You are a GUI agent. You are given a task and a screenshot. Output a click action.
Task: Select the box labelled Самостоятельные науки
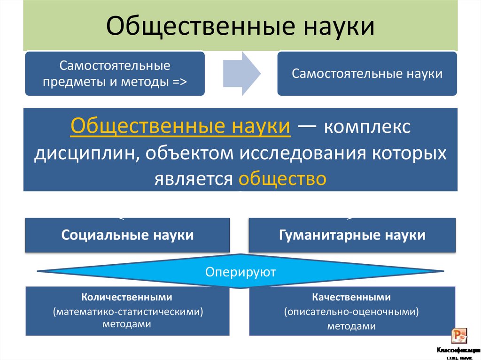(367, 74)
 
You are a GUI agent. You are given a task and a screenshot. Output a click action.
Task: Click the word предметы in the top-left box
(66, 82)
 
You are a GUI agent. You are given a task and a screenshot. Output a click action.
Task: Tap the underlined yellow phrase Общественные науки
(180, 127)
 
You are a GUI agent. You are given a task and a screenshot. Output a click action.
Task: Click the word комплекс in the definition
(366, 127)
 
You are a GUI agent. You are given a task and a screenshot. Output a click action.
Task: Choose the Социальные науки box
(127, 235)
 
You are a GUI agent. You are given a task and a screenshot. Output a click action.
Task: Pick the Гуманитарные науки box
(352, 235)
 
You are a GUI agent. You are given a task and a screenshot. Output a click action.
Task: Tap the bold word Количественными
(127, 297)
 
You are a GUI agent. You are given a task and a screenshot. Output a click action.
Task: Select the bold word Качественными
(351, 297)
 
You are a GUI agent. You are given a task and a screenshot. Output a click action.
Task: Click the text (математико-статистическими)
(127, 311)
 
